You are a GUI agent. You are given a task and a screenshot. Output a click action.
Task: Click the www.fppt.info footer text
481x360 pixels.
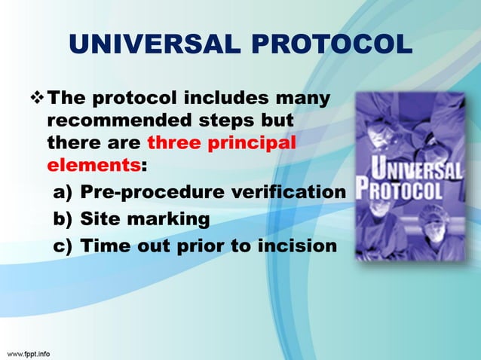29,352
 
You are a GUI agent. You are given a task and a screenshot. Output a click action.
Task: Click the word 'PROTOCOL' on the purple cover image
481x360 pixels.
402,189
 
